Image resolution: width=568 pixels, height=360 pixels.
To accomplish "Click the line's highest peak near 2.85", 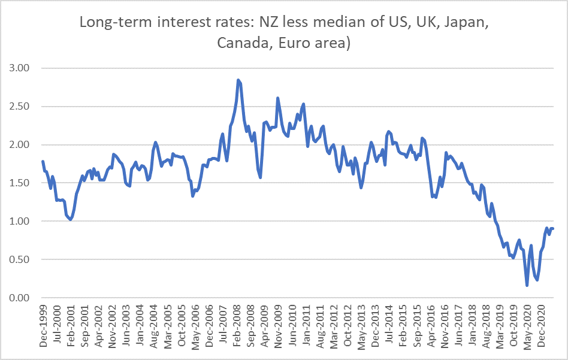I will [x=238, y=80].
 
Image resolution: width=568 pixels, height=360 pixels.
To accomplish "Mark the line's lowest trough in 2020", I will [x=527, y=285].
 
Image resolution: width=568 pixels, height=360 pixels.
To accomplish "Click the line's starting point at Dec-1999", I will [x=43, y=162].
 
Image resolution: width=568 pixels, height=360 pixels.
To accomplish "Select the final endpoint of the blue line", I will [x=552, y=229].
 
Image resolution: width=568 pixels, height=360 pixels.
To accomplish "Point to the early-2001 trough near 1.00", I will [x=71, y=220].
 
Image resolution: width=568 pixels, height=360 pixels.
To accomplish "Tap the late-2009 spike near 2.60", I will [x=277, y=98].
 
